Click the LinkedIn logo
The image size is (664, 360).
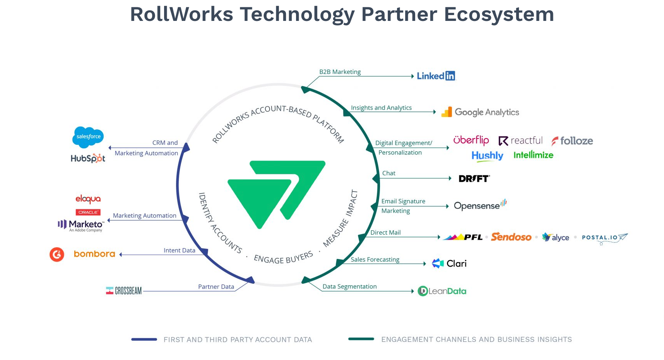click(x=436, y=76)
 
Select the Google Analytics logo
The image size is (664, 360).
click(x=480, y=112)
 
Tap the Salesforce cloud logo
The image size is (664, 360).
click(x=88, y=137)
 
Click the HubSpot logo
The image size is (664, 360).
click(x=88, y=158)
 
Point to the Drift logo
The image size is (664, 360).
click(x=474, y=178)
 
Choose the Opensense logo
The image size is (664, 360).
click(x=480, y=206)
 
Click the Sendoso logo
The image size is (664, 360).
click(x=511, y=237)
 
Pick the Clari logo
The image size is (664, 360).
click(x=449, y=264)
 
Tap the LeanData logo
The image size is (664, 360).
click(x=442, y=291)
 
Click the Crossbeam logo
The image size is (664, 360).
click(x=124, y=291)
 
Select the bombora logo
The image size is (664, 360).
click(x=94, y=254)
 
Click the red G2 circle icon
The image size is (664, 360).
click(x=57, y=254)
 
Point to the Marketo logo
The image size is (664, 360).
click(x=81, y=225)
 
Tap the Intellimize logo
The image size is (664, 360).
click(x=533, y=155)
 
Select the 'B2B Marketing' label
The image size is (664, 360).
click(x=340, y=72)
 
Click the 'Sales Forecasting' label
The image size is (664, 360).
click(x=375, y=259)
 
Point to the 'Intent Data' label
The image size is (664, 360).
click(x=179, y=250)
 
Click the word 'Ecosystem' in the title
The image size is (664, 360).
click(x=499, y=14)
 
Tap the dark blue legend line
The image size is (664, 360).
click(x=144, y=339)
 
